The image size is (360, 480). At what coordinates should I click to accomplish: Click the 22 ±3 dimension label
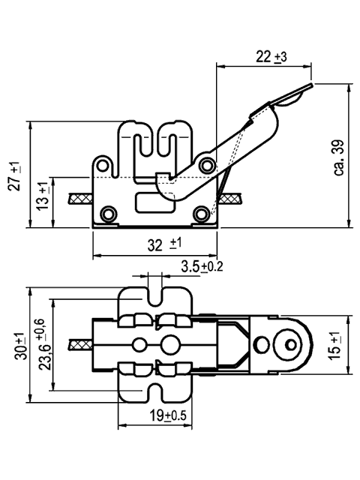click(x=271, y=57)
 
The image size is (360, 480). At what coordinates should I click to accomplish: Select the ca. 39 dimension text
click(x=339, y=158)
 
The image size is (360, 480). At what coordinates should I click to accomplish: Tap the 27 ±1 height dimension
click(x=15, y=176)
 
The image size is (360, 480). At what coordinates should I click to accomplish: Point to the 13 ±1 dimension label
click(x=43, y=196)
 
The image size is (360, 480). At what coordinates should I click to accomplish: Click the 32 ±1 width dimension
click(x=164, y=244)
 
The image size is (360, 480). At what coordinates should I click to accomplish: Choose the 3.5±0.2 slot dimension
click(x=202, y=266)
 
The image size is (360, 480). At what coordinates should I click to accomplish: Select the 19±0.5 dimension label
click(x=167, y=415)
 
